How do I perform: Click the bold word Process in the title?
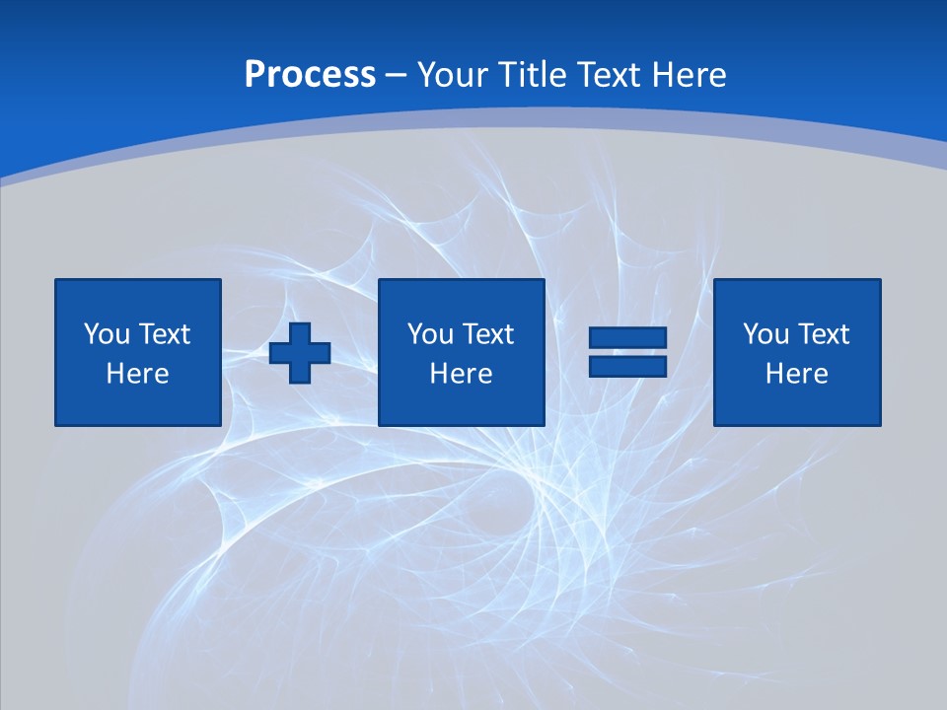point(310,75)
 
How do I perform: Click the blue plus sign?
point(300,353)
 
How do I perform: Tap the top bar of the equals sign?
point(627,338)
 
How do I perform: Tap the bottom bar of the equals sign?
point(627,367)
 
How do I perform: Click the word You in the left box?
point(107,334)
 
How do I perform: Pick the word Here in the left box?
point(137,374)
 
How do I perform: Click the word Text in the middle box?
point(487,334)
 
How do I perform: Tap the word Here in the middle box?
point(461,374)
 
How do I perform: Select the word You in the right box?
point(765,334)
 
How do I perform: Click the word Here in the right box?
point(796,374)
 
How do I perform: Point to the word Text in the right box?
point(823,334)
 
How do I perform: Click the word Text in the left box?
point(164,334)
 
